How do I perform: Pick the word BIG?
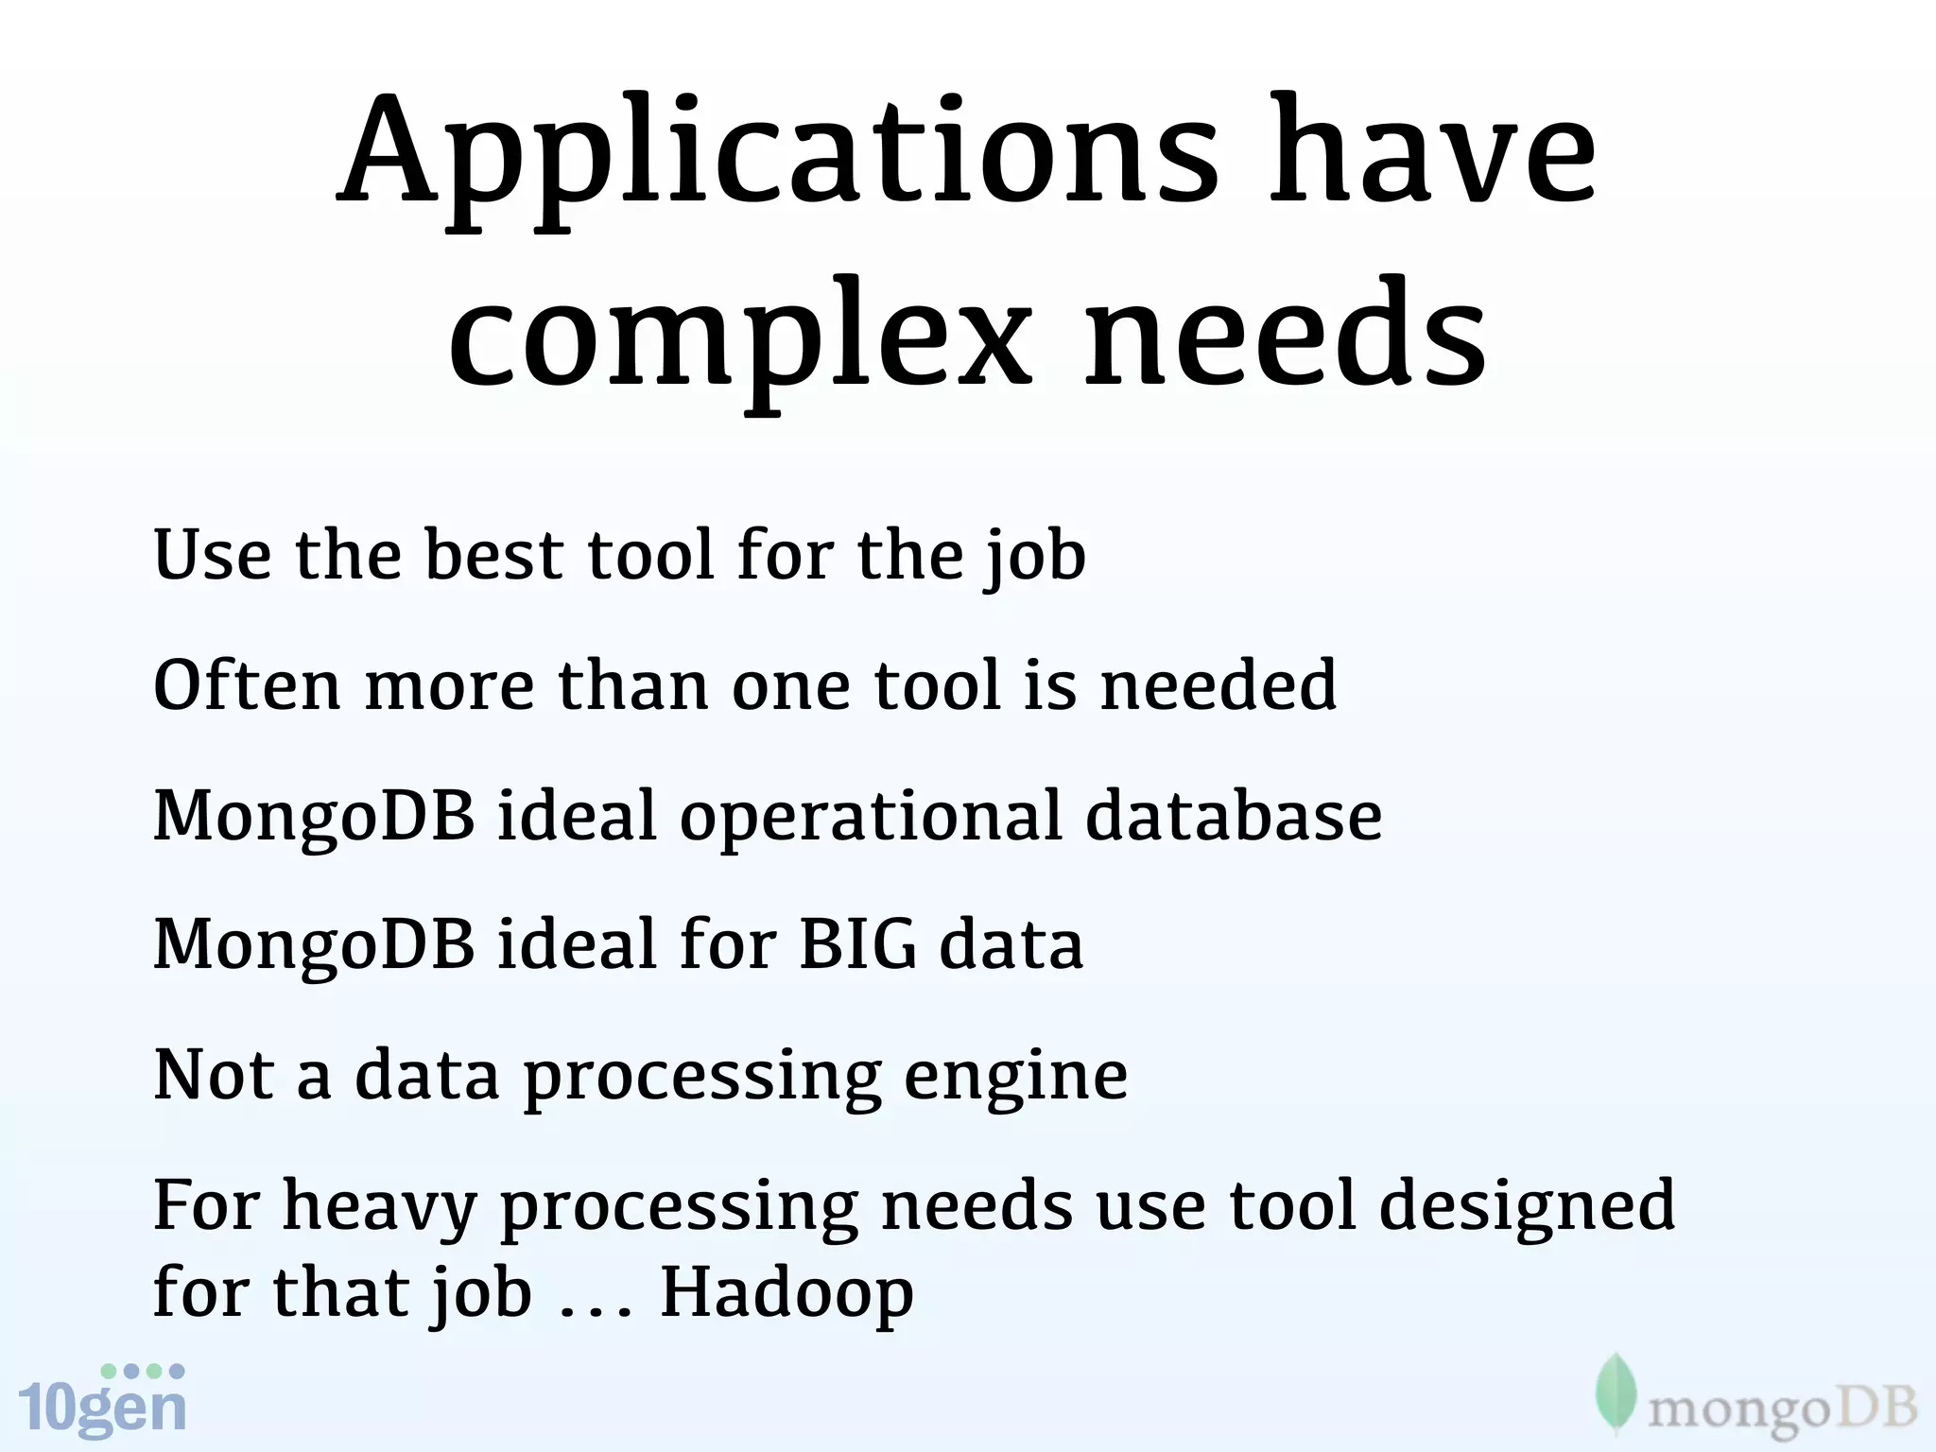pos(857,944)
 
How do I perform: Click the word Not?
pos(214,1075)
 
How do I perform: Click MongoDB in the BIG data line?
pos(314,945)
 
